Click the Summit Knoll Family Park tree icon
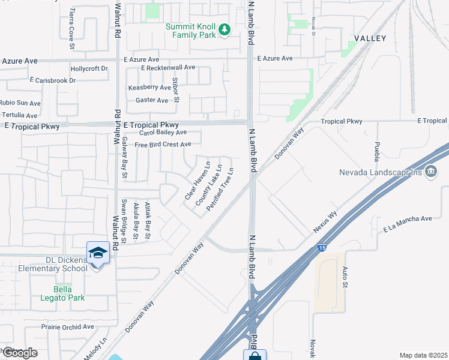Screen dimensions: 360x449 click(x=224, y=29)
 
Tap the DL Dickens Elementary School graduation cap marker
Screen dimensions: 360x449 click(x=98, y=252)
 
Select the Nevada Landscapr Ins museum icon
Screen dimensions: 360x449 click(x=430, y=173)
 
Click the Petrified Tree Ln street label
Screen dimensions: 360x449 click(x=220, y=188)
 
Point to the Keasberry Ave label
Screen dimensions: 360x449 click(x=149, y=88)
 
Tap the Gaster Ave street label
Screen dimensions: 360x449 click(x=152, y=100)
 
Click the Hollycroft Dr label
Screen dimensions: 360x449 click(x=89, y=68)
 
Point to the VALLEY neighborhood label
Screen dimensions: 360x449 click(x=370, y=38)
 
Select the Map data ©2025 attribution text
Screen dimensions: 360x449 click(x=423, y=355)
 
